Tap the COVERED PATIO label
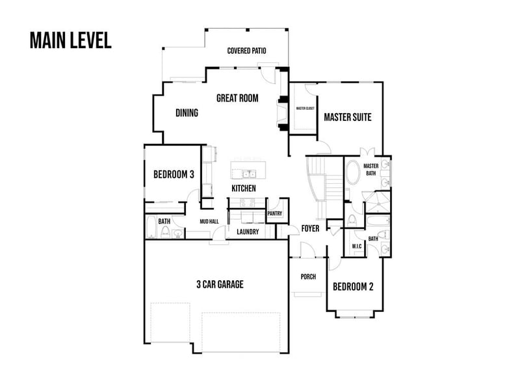click(x=246, y=51)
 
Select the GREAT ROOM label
click(x=237, y=99)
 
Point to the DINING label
click(x=187, y=113)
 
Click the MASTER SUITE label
click(x=348, y=118)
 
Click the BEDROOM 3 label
click(x=174, y=174)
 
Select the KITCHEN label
click(x=244, y=188)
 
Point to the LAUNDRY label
click(x=248, y=231)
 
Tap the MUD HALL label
click(x=209, y=222)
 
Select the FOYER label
click(x=309, y=229)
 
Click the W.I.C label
click(x=356, y=246)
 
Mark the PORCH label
click(x=307, y=276)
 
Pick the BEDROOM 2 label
click(x=353, y=287)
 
